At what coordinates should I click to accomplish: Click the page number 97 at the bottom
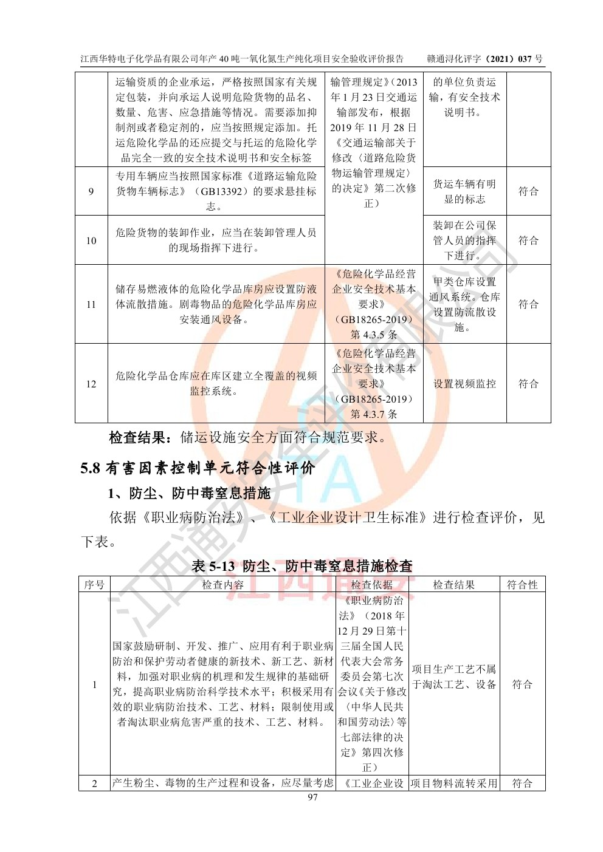click(313, 797)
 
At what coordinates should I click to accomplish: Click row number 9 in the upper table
click(91, 191)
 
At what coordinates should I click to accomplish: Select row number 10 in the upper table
click(91, 240)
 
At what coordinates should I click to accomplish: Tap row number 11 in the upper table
click(91, 304)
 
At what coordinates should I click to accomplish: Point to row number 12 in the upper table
click(91, 384)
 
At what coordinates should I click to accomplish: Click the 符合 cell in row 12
click(528, 384)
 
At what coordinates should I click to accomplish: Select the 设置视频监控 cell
click(464, 384)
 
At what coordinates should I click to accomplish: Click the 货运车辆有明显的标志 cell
click(464, 191)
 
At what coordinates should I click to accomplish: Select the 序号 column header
click(94, 585)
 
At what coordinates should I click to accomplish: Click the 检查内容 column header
click(222, 585)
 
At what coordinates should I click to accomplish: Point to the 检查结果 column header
click(453, 585)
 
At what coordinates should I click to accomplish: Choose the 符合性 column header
click(522, 585)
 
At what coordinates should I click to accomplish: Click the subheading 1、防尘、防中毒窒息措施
click(189, 493)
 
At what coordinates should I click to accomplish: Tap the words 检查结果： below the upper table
click(143, 437)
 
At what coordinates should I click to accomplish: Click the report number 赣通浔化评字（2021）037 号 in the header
click(484, 59)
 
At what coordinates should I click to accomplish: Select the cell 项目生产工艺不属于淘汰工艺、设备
click(453, 676)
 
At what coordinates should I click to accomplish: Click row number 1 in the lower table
click(94, 684)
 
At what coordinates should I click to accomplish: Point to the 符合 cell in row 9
click(528, 191)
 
